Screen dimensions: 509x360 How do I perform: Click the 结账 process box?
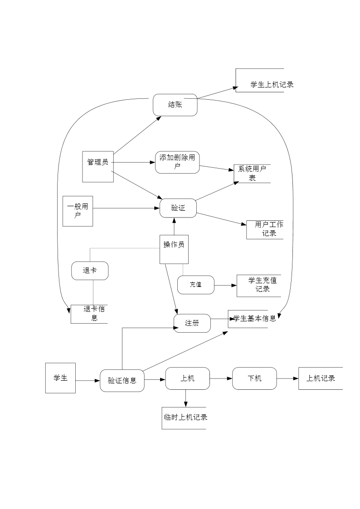pyautogui.click(x=175, y=105)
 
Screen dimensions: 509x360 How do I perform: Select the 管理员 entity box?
pyautogui.click(x=98, y=166)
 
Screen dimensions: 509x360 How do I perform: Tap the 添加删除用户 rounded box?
pyautogui.click(x=177, y=162)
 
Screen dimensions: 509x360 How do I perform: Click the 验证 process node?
pyautogui.click(x=178, y=208)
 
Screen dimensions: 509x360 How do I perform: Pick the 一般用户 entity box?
pyautogui.click(x=78, y=211)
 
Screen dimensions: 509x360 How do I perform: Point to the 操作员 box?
pyautogui.click(x=174, y=249)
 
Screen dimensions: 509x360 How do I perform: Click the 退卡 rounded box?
pyautogui.click(x=90, y=271)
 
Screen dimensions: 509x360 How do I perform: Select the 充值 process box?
pyautogui.click(x=195, y=285)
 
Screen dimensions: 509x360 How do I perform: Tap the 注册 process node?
pyautogui.click(x=192, y=323)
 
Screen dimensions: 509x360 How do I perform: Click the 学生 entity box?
pyautogui.click(x=60, y=378)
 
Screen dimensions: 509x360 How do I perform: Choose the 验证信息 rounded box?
pyautogui.click(x=122, y=380)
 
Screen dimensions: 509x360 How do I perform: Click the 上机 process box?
pyautogui.click(x=187, y=378)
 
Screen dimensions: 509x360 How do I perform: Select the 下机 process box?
pyautogui.click(x=254, y=378)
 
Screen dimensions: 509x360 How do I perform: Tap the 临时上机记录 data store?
pyautogui.click(x=185, y=417)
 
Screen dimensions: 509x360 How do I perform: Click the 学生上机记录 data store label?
pyautogui.click(x=272, y=84)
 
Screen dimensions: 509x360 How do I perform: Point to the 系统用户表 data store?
pyautogui.click(x=252, y=174)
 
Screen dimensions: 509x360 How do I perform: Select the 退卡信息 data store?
pyautogui.click(x=91, y=314)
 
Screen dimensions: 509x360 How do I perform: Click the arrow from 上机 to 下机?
pyautogui.click(x=221, y=378)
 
